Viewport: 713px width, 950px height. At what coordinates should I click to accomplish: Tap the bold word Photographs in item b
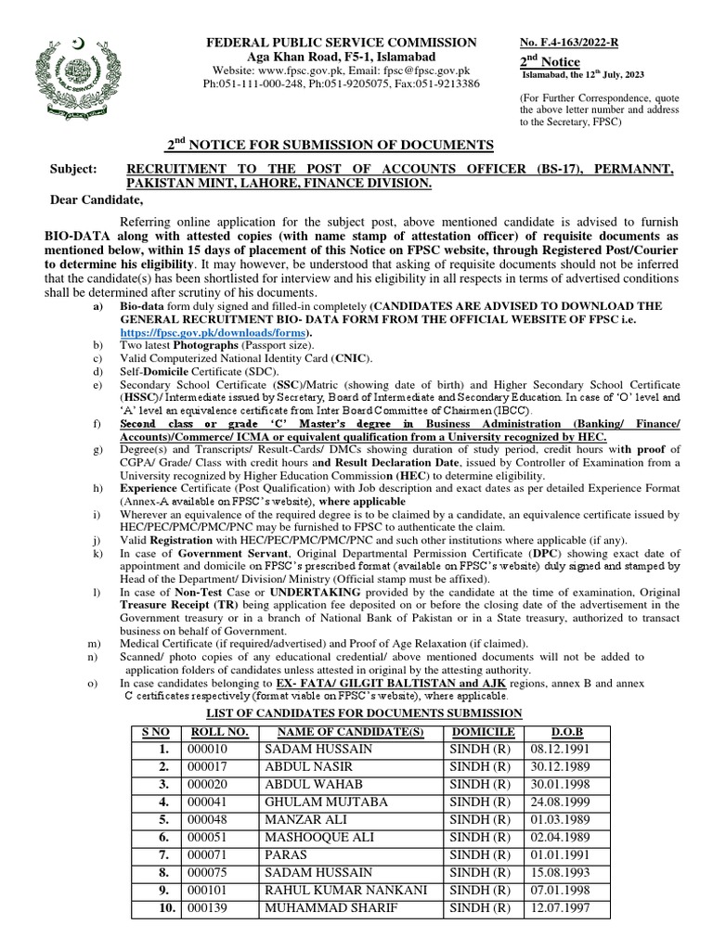207,345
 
